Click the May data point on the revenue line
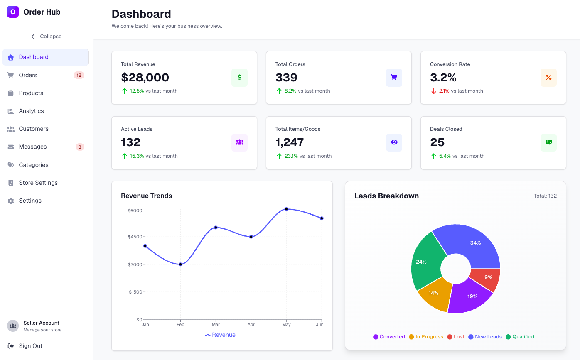coord(286,209)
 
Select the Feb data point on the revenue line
coord(180,264)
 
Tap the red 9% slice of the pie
coord(487,278)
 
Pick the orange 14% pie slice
coord(435,294)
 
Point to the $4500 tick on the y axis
coord(135,237)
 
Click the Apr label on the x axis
coord(251,324)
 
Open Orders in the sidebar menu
coord(28,75)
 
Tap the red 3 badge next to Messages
coord(80,147)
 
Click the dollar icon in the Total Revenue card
coord(239,78)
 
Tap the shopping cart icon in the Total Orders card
coord(394,78)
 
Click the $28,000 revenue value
coord(145,78)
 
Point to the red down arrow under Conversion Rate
coord(434,91)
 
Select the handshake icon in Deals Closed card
coord(548,142)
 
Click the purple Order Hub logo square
coord(13,12)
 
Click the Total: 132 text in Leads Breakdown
coord(545,196)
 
